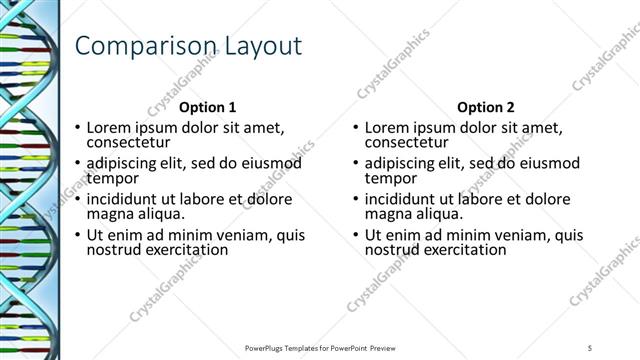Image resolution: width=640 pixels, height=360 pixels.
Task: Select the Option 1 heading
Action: pyautogui.click(x=207, y=107)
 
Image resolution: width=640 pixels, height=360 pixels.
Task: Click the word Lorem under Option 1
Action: pyautogui.click(x=109, y=127)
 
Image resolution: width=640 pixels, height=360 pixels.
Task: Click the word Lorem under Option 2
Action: pyautogui.click(x=387, y=127)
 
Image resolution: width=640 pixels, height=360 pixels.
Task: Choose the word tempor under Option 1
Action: pyautogui.click(x=109, y=178)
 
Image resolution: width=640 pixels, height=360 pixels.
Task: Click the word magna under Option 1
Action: pyautogui.click(x=109, y=214)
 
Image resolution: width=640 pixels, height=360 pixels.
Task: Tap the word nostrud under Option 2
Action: pyautogui.click(x=393, y=250)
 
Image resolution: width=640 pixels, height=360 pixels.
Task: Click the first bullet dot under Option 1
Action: pyautogui.click(x=78, y=128)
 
